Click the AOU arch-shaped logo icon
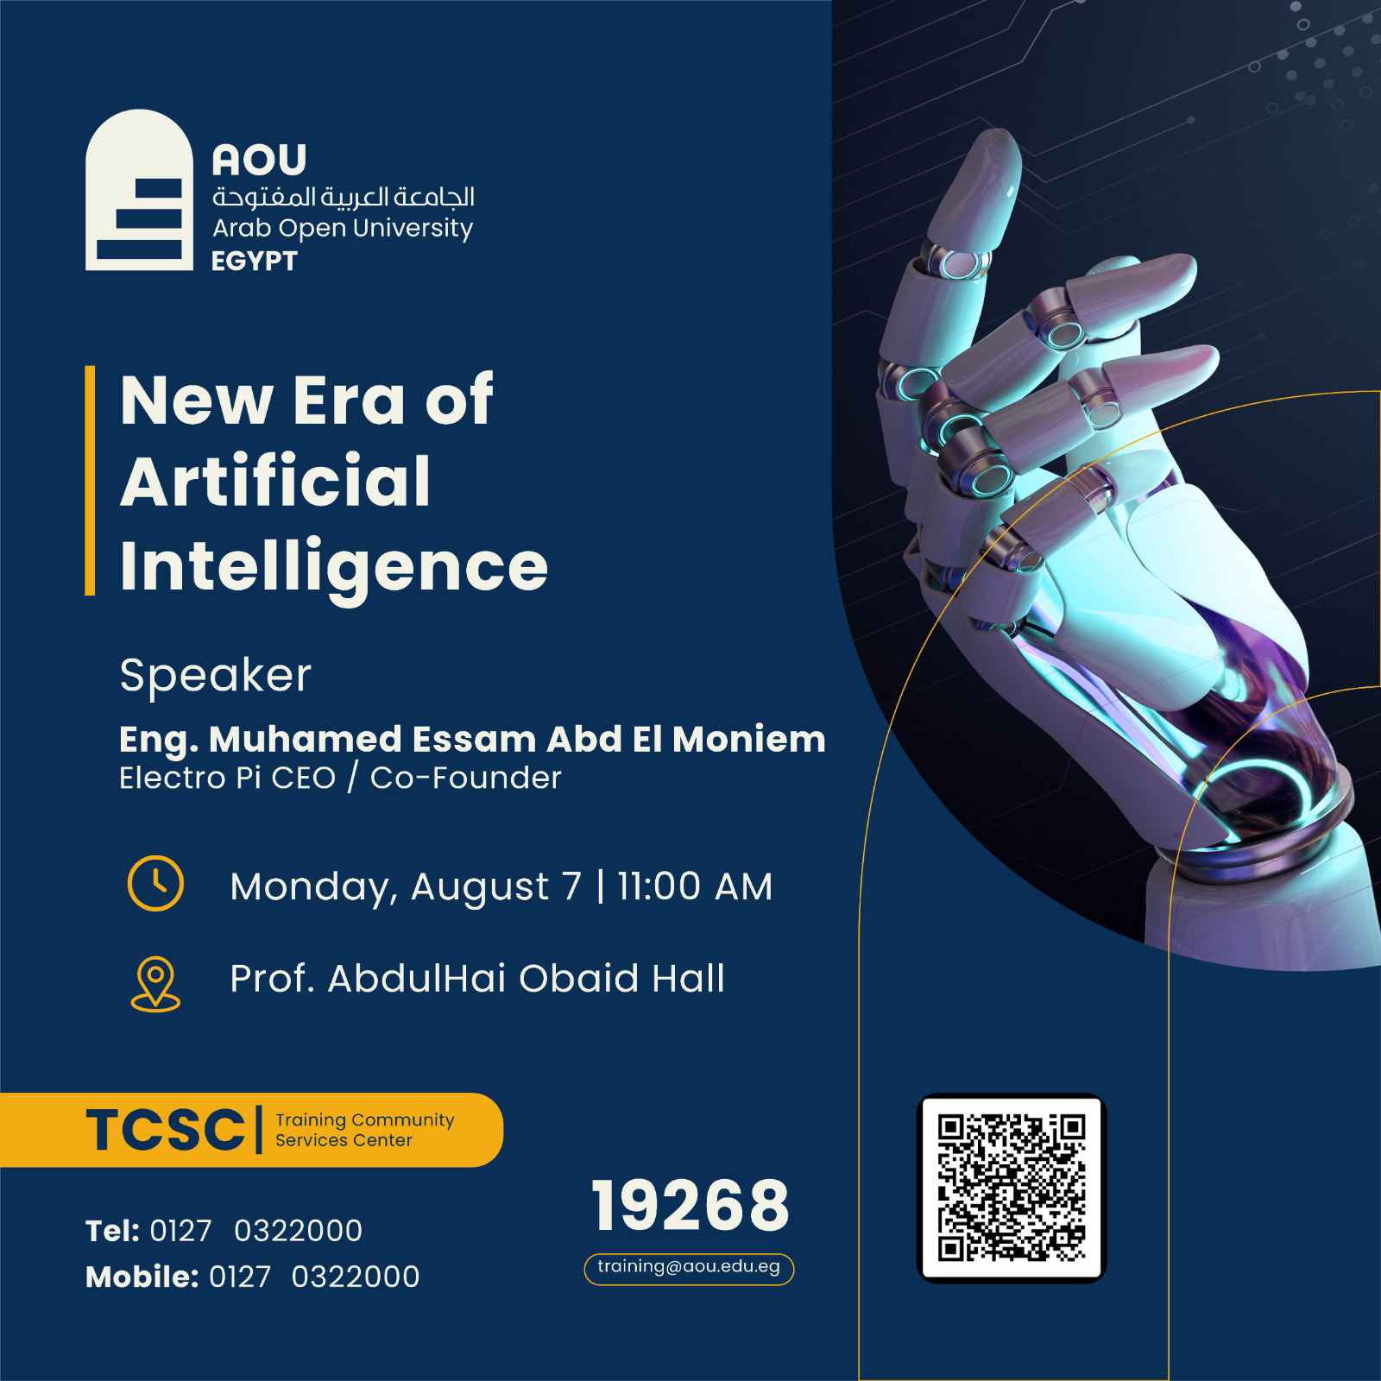tap(139, 190)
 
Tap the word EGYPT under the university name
tap(255, 261)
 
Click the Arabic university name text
tap(344, 197)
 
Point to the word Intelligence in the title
tap(334, 567)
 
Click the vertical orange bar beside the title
tap(90, 481)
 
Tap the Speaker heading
tap(216, 675)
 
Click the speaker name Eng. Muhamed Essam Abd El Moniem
tap(472, 739)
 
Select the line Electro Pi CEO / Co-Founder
tap(340, 778)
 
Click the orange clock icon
tap(155, 884)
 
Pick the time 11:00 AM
tap(695, 886)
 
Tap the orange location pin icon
tap(156, 984)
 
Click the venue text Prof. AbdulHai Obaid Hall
tap(477, 979)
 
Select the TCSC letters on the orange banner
tap(165, 1130)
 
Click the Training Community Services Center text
tap(364, 1130)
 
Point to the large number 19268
tap(690, 1206)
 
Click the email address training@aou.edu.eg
tap(689, 1267)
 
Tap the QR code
tap(1011, 1188)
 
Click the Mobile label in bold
tap(142, 1277)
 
